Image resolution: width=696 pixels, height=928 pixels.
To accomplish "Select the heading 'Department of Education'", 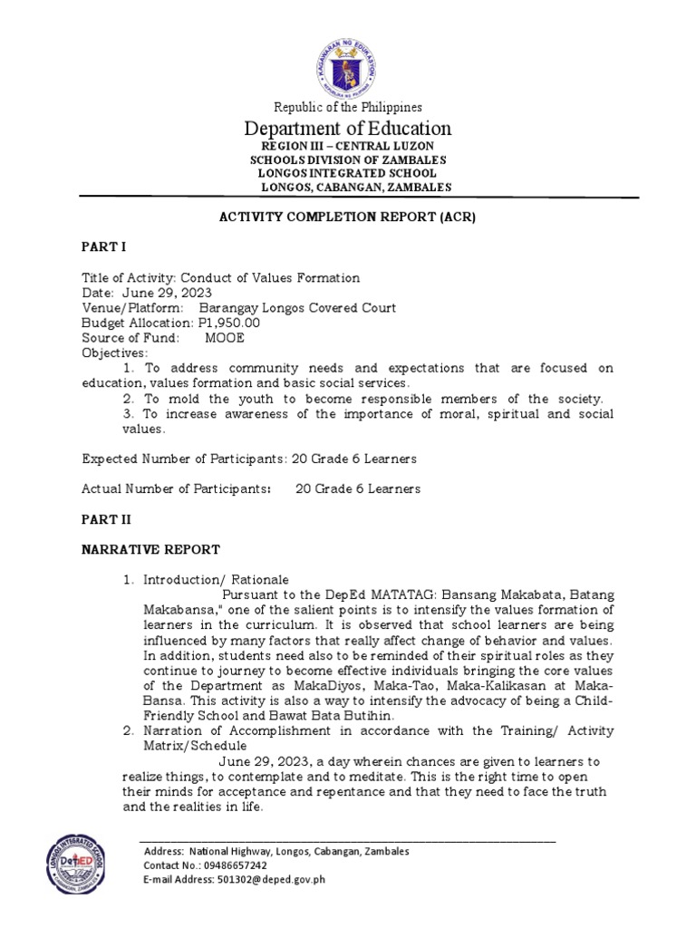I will point(348,128).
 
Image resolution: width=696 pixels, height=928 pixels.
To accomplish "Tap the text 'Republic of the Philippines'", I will point(348,107).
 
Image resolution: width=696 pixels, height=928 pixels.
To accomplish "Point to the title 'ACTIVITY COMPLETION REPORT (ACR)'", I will point(348,218).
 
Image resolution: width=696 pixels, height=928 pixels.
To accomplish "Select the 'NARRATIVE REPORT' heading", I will point(150,549).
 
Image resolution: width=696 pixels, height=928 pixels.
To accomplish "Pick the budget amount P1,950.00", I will point(229,323).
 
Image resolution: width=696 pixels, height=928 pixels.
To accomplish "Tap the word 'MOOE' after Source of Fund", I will point(225,338).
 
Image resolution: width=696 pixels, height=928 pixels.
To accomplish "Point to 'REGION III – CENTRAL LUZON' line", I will point(348,146).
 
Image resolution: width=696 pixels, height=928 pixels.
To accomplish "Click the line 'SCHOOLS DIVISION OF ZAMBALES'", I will point(348,159).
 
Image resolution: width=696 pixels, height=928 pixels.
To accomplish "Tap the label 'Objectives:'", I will point(114,353).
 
